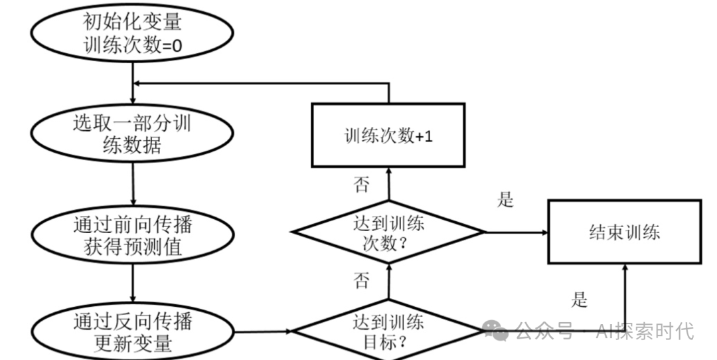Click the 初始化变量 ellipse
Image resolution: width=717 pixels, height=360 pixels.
[133, 33]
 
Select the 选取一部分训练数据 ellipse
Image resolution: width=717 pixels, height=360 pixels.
[133, 134]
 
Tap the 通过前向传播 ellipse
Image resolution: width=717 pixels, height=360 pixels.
[133, 235]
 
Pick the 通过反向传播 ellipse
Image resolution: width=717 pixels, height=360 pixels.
[133, 332]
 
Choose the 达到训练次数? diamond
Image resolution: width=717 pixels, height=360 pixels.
[388, 232]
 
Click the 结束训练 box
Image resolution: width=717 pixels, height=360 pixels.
[624, 232]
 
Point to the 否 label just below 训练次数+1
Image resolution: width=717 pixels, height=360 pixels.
[362, 184]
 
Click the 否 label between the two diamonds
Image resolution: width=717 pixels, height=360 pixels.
[362, 280]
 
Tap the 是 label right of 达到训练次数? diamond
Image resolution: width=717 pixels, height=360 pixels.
[506, 199]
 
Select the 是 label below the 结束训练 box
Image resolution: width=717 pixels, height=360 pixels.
[579, 300]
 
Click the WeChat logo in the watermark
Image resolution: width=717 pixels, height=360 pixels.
[496, 330]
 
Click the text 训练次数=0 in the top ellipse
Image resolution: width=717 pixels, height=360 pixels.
[133, 46]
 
